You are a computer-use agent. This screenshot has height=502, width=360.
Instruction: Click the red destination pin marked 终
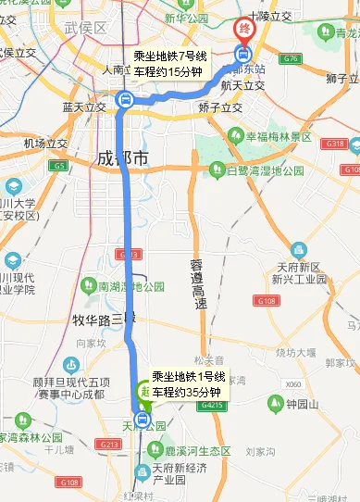pos(244,31)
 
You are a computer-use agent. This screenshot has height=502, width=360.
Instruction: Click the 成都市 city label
pos(122,159)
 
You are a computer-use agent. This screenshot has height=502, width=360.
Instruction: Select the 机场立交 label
pos(45,144)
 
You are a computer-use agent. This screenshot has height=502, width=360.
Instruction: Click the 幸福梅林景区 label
pos(277,136)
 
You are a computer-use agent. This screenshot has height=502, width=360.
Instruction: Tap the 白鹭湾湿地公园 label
pos(266,170)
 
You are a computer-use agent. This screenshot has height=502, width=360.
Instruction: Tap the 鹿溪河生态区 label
pos(198,449)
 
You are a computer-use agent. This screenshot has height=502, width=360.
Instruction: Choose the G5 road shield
pos(60,167)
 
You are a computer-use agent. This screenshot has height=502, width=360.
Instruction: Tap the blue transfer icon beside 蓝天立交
pos(124,100)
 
